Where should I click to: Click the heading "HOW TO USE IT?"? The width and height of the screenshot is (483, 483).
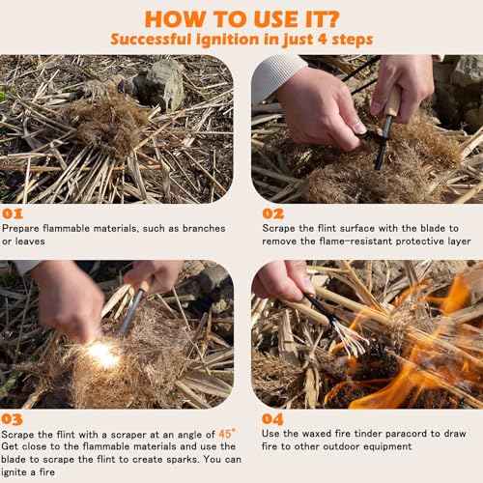click(241, 16)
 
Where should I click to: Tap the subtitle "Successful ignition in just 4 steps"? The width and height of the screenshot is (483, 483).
click(241, 39)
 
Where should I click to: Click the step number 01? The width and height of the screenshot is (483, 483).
click(14, 212)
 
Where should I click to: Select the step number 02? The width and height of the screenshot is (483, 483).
click(273, 212)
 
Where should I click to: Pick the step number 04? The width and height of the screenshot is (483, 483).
click(273, 419)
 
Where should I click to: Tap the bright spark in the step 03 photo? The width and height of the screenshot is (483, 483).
click(101, 355)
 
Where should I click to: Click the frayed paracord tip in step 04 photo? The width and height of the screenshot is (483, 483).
click(350, 338)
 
